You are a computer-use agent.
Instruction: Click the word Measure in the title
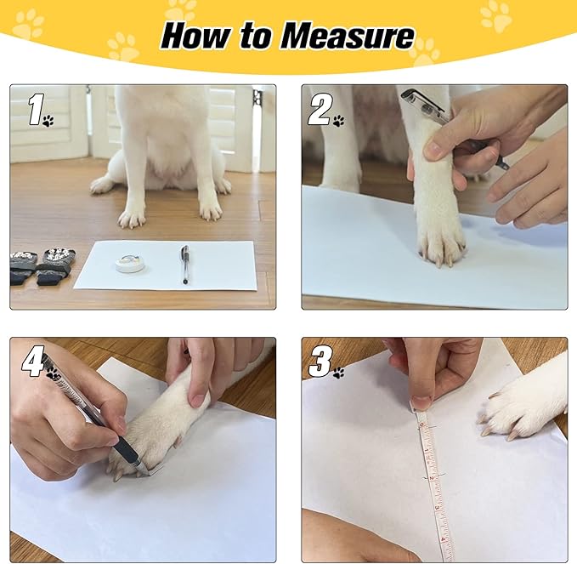click(348, 36)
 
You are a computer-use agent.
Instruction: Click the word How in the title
click(195, 36)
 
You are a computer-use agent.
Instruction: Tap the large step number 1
click(36, 109)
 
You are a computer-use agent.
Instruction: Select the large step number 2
click(319, 110)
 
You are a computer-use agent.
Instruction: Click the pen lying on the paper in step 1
click(184, 265)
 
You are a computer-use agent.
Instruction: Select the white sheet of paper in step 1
click(165, 265)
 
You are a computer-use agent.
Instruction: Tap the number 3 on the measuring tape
click(437, 508)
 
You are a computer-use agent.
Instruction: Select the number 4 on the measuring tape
click(443, 539)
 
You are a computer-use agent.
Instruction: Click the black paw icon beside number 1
click(48, 121)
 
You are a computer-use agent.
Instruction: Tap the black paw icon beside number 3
click(338, 373)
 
